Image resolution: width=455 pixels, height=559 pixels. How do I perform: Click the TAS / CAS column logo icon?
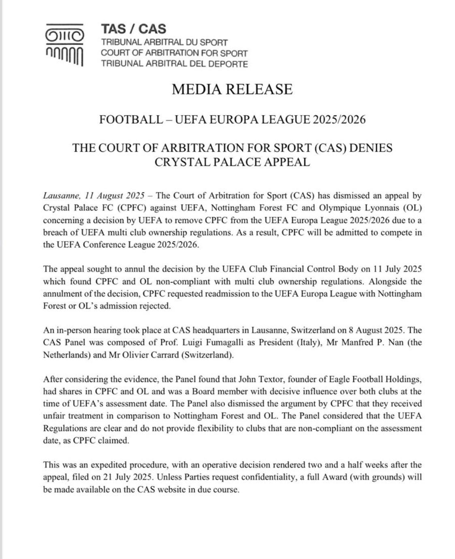pos(64,45)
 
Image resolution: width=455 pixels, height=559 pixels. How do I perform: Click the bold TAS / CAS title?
pos(133,29)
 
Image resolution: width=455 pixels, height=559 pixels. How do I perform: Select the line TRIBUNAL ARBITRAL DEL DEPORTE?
pos(174,64)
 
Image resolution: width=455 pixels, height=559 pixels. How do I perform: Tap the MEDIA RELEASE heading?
pos(232,89)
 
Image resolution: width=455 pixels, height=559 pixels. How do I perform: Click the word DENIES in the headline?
pos(370,148)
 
